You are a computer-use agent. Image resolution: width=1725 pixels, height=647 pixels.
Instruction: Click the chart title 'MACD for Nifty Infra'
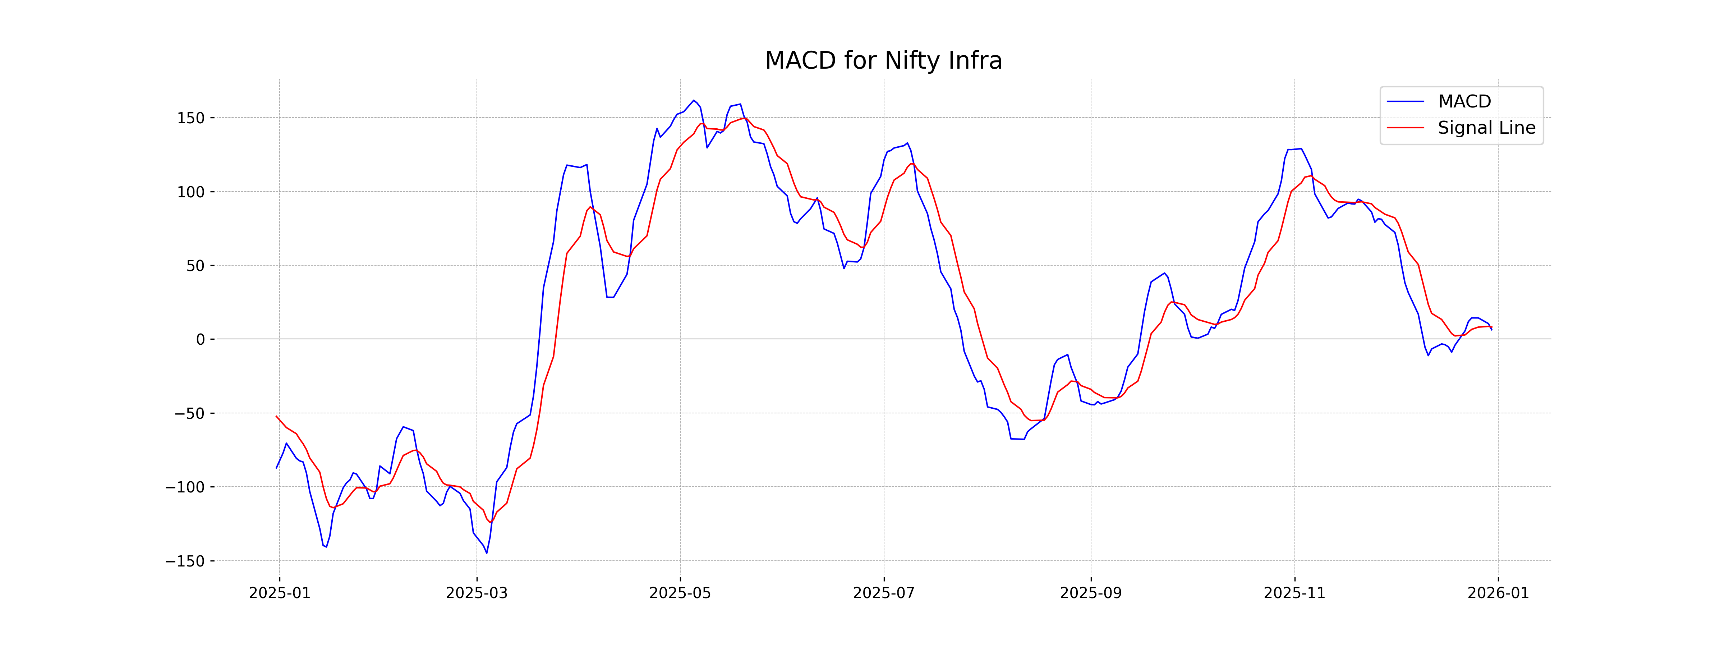tap(883, 61)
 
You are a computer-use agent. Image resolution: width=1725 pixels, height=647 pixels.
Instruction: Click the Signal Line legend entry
tap(1486, 128)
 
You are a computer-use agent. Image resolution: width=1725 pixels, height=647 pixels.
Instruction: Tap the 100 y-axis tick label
tap(191, 192)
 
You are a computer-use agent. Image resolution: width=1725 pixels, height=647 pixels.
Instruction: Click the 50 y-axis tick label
tap(195, 266)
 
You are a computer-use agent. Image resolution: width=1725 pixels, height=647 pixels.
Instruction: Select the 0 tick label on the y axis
tap(200, 340)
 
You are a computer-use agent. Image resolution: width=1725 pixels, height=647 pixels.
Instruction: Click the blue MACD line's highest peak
tap(694, 101)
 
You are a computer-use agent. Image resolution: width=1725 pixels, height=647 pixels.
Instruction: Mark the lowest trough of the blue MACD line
tap(487, 552)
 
